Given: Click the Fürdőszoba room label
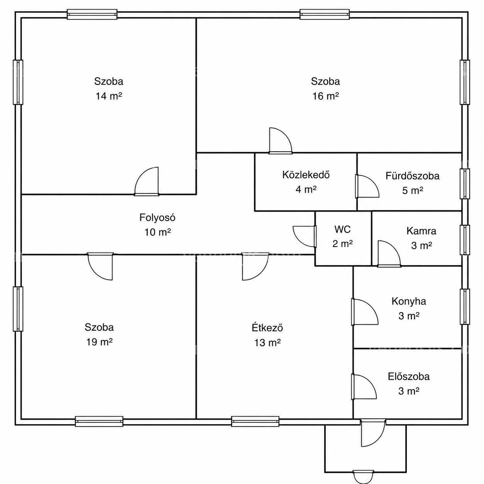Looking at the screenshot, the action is (x=413, y=176).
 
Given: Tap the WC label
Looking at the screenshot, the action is (x=342, y=229).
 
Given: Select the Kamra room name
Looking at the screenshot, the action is (x=421, y=231).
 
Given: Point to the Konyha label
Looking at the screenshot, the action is (x=409, y=301).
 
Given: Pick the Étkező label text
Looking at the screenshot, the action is (x=267, y=328).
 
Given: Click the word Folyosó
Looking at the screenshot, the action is (x=157, y=218).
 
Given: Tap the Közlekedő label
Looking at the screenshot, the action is (x=306, y=175).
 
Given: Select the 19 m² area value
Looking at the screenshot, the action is (x=99, y=342).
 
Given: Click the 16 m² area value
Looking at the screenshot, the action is (x=325, y=96).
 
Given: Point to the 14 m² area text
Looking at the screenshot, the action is (x=109, y=96).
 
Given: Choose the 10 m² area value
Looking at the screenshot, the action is (x=157, y=232).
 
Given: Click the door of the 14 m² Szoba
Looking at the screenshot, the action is (x=147, y=181).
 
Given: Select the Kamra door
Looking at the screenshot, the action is (x=389, y=254).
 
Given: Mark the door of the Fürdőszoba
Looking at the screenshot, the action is (x=367, y=186).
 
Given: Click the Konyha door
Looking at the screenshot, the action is (x=364, y=312).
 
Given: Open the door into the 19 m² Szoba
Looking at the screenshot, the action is (x=100, y=266).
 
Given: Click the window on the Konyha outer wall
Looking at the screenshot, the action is (x=465, y=307).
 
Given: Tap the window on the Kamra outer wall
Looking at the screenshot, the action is (x=465, y=240).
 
